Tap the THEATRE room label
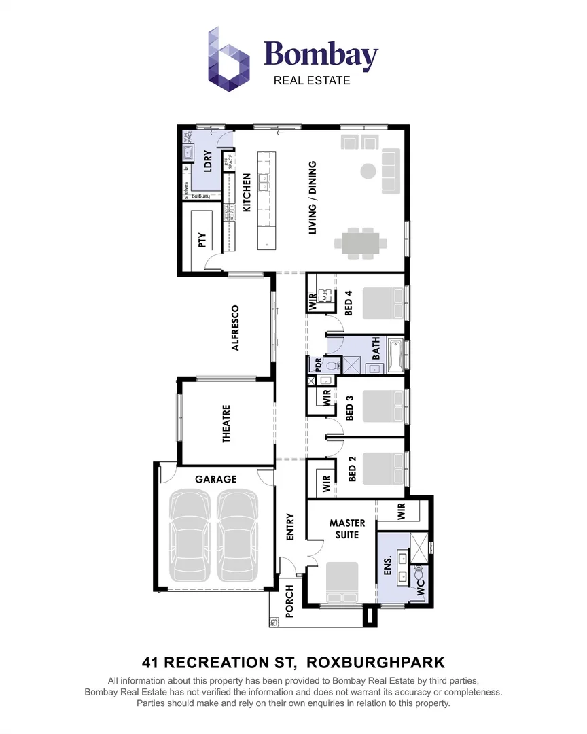(x=226, y=424)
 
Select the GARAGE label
(x=215, y=478)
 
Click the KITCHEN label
(x=247, y=192)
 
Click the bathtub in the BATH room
(x=397, y=354)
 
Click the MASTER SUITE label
(x=347, y=529)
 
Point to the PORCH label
(x=289, y=601)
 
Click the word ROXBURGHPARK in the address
(x=376, y=661)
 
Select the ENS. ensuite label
(x=389, y=567)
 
